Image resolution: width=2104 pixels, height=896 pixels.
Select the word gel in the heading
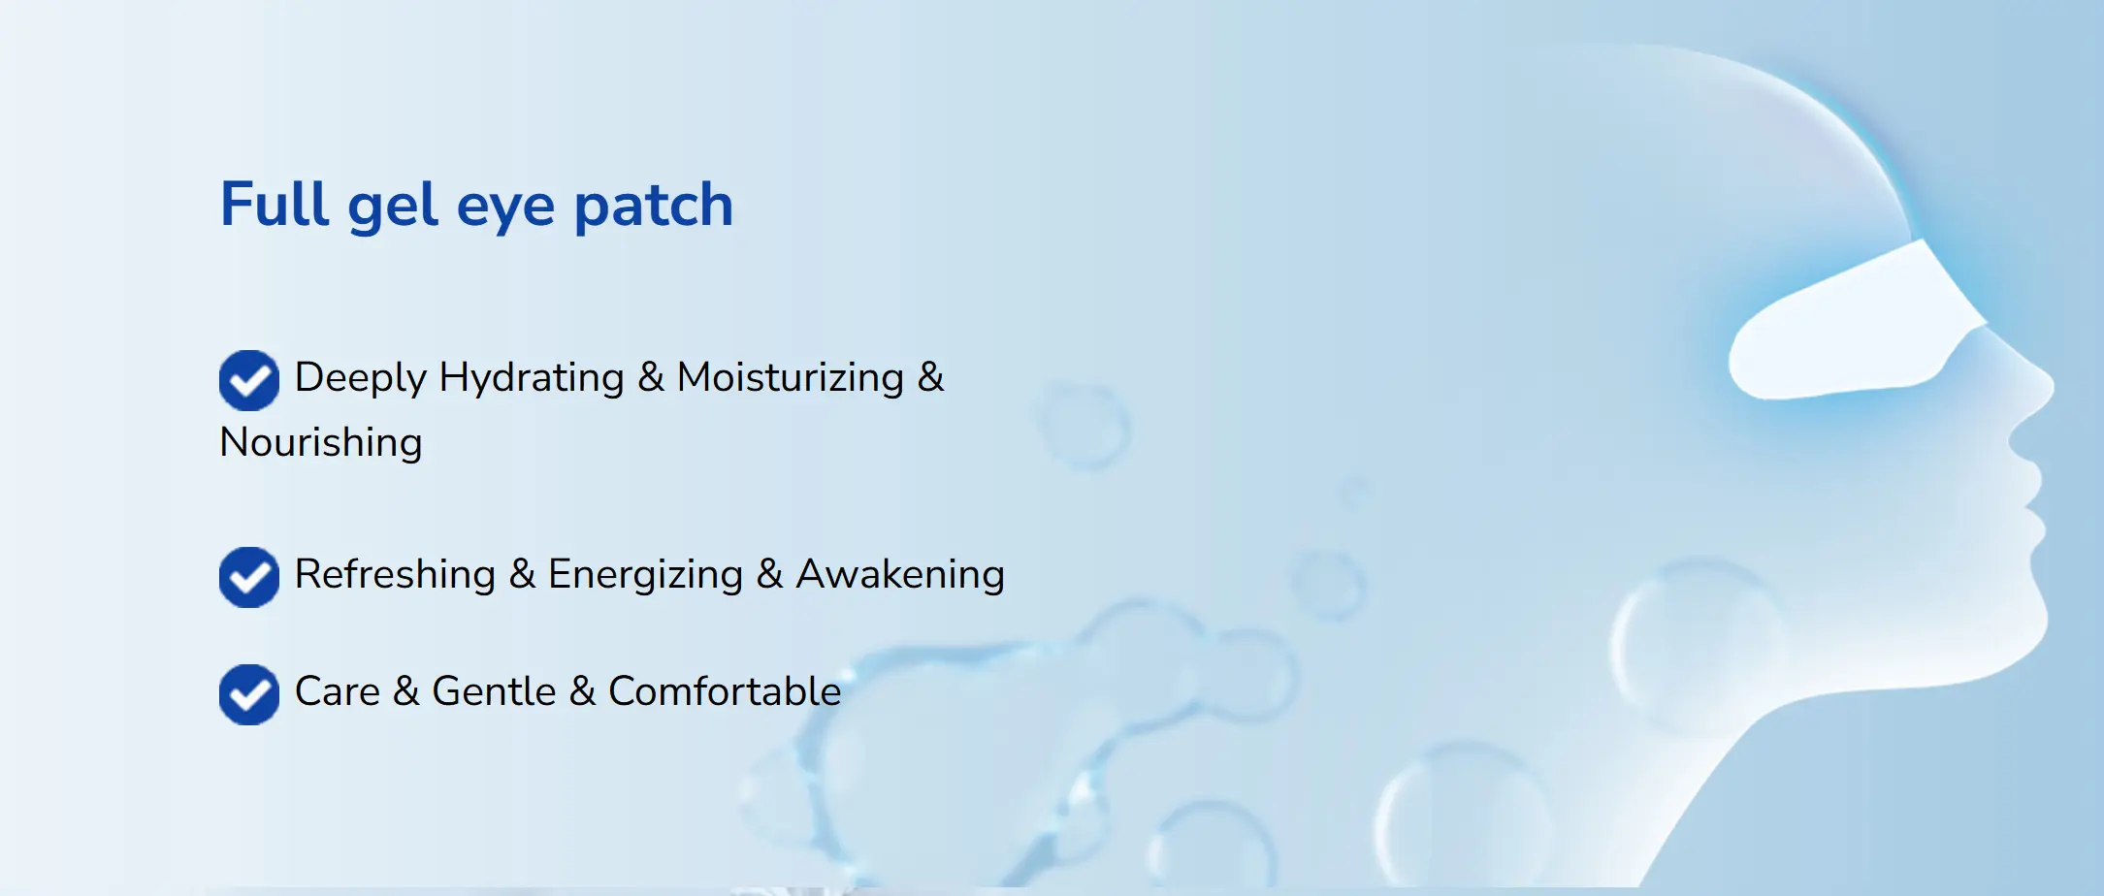(x=393, y=207)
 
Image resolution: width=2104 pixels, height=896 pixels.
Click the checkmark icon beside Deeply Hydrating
(x=249, y=380)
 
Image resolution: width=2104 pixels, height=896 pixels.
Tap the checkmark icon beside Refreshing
(x=249, y=577)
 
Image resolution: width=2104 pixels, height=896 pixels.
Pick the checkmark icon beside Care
(x=249, y=694)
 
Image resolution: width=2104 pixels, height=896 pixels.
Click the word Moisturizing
(x=791, y=378)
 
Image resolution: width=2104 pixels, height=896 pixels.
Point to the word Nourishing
(x=321, y=442)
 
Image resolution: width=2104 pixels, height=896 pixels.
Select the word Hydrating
(x=532, y=378)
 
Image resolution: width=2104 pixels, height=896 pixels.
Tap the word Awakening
(x=900, y=575)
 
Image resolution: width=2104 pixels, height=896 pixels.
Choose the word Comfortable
(x=725, y=691)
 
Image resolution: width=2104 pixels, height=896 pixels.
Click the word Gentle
(x=494, y=691)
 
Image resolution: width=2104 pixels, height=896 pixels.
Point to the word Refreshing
(x=395, y=575)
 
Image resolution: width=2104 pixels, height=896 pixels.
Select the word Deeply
(x=360, y=378)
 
